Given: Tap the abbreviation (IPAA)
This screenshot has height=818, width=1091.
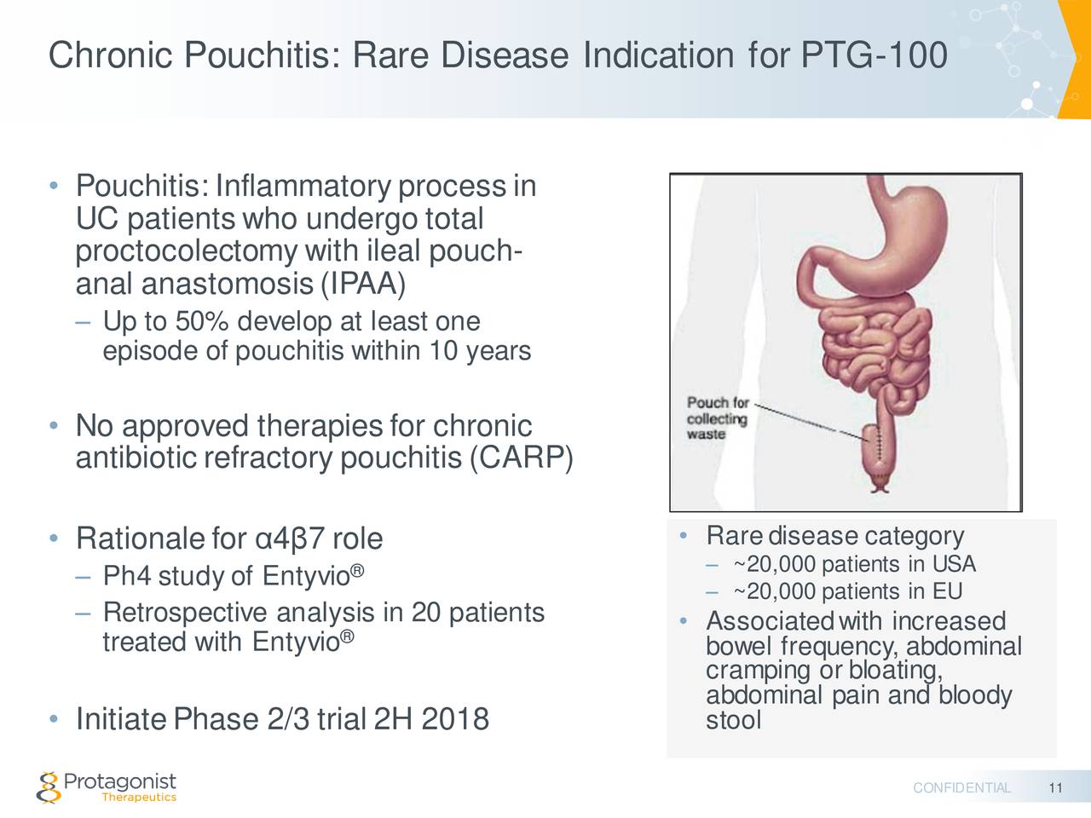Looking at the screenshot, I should [x=363, y=284].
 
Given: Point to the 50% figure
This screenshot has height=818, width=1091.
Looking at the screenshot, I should [x=201, y=322].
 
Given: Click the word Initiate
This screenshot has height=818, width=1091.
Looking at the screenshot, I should [x=121, y=720].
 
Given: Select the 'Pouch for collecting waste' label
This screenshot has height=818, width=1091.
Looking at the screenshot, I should [x=718, y=418].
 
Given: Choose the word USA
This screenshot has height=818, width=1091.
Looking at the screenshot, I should [x=954, y=565].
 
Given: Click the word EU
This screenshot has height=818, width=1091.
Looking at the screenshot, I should [x=947, y=592].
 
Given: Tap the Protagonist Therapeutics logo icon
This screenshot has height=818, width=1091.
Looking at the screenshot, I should [x=49, y=786].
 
